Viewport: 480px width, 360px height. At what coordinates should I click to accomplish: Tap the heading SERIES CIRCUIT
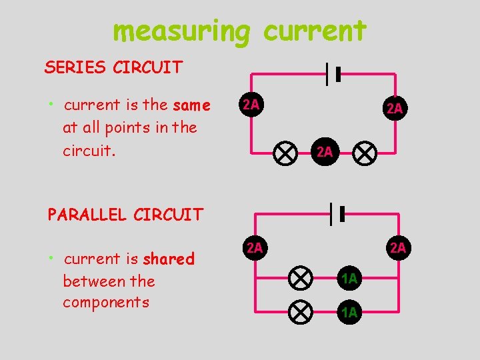click(113, 67)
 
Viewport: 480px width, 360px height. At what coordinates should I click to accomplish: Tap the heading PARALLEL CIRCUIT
click(125, 215)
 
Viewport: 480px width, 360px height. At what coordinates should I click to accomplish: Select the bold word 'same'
click(191, 105)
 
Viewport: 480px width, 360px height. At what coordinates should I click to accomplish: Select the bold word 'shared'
click(168, 259)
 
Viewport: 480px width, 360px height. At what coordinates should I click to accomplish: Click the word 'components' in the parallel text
click(106, 302)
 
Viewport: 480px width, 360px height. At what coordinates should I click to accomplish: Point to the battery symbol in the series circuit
click(333, 75)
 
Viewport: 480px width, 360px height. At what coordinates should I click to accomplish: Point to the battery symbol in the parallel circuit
click(336, 213)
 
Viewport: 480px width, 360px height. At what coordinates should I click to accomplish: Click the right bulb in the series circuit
click(364, 153)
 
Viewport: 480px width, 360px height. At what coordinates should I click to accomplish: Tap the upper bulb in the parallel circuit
click(301, 278)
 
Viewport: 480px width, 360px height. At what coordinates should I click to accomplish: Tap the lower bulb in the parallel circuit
click(301, 311)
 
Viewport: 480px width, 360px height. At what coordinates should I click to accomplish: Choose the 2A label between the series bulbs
click(325, 152)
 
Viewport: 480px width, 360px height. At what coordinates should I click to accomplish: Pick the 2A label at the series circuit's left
click(251, 105)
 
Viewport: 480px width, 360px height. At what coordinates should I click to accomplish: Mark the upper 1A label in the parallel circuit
click(349, 279)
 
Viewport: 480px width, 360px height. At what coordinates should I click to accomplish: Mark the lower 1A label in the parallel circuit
click(349, 311)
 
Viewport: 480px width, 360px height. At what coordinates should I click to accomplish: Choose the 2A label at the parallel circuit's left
click(254, 249)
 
